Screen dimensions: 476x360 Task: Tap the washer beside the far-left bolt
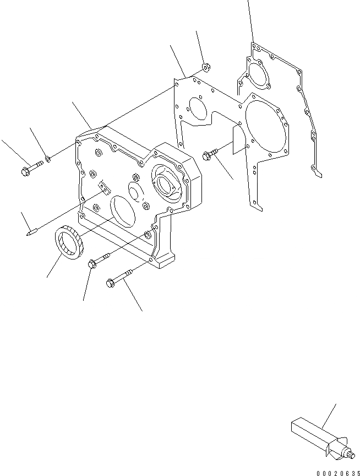click(49, 159)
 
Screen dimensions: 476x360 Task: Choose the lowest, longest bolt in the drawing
click(120, 277)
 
